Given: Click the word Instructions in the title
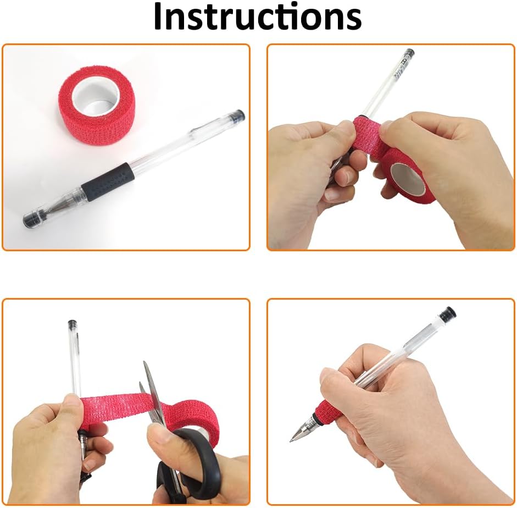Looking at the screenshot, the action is click(x=258, y=16).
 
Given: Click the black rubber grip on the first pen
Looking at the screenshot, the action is click(x=108, y=183).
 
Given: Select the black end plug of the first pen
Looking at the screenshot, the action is click(x=238, y=115).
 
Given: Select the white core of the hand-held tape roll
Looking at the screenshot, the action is click(x=408, y=180).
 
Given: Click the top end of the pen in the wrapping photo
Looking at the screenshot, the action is click(x=409, y=53).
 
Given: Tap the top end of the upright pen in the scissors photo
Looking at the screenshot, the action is click(x=72, y=323).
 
